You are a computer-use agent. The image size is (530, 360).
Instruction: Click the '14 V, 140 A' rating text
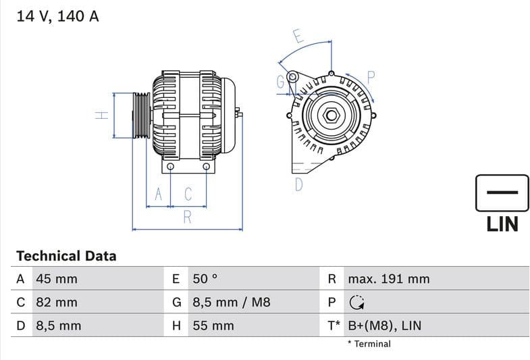[x=57, y=16]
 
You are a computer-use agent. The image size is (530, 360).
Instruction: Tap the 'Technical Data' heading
[x=66, y=256]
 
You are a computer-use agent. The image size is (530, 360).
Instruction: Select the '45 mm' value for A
[x=56, y=279]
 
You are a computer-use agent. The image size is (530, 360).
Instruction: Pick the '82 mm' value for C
[x=56, y=303]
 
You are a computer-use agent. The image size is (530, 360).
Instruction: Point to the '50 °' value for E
[x=205, y=279]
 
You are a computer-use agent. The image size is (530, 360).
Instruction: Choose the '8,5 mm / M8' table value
[x=231, y=303]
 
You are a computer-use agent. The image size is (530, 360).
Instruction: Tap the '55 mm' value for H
[x=213, y=326]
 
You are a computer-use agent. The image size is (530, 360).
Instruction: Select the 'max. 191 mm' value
[x=388, y=279]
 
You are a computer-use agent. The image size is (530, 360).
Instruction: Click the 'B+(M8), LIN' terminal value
[x=384, y=326]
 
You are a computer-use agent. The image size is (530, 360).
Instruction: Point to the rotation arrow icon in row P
[x=356, y=303]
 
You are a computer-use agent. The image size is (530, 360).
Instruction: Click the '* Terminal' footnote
[x=369, y=344]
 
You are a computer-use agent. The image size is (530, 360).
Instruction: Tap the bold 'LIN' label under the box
[x=502, y=224]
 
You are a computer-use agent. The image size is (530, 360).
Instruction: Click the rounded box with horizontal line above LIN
[x=502, y=193]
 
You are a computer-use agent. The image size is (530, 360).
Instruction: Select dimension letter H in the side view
[x=101, y=115]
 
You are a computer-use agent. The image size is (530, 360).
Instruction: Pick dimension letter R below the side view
[x=188, y=217]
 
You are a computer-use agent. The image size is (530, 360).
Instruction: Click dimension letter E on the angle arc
[x=298, y=36]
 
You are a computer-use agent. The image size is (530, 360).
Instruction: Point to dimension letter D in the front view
[x=299, y=184]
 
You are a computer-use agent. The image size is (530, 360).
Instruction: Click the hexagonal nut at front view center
[x=331, y=115]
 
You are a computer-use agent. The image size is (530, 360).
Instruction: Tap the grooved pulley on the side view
[x=141, y=115]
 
